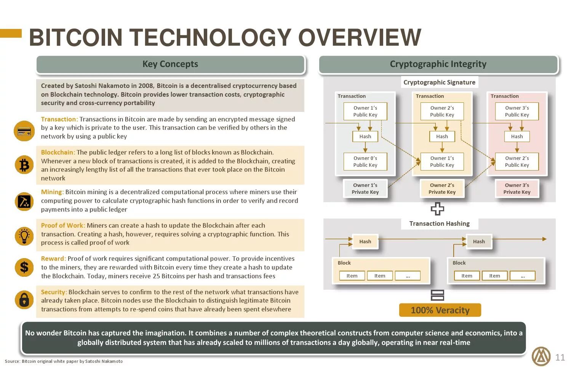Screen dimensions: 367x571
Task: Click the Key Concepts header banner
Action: (x=170, y=64)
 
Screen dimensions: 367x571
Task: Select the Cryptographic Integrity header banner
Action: (x=438, y=64)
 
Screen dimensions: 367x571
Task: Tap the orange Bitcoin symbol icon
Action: (x=24, y=165)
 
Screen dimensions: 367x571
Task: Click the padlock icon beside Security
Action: (x=24, y=300)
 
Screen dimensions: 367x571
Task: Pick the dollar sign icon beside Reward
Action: (x=24, y=267)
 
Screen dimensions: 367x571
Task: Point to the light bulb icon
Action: (x=24, y=236)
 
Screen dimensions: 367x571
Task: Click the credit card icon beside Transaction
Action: (x=24, y=132)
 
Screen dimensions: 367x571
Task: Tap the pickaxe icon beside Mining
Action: (x=24, y=201)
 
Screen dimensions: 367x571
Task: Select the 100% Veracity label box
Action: (x=440, y=310)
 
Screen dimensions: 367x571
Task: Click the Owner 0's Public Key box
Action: (x=365, y=161)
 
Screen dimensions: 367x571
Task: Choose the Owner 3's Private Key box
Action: (x=517, y=188)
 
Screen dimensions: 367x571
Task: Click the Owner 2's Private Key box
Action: (x=442, y=188)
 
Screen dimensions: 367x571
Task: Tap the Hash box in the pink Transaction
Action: (x=517, y=136)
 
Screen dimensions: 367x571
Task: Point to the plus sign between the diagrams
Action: (x=437, y=209)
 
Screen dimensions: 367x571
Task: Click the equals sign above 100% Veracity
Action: (x=437, y=295)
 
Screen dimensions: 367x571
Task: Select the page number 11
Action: (x=560, y=357)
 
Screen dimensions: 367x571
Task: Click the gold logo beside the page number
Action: (x=541, y=356)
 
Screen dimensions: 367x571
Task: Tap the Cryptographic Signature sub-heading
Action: (x=439, y=82)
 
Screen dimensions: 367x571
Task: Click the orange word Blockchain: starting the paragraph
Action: (x=58, y=152)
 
